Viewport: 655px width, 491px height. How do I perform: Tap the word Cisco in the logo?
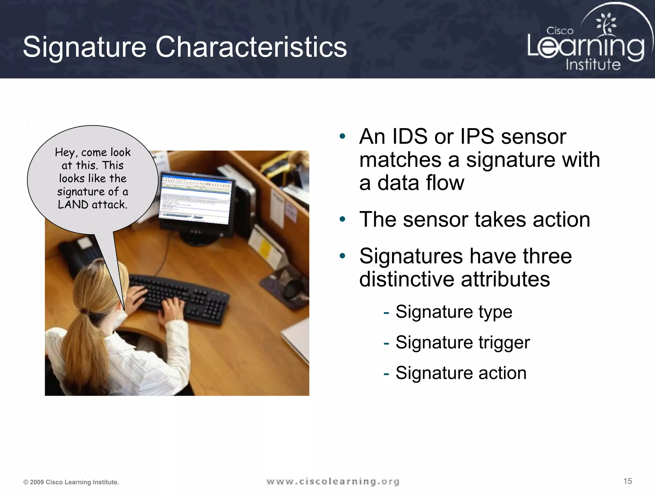(560, 31)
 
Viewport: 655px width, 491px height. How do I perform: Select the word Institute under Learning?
(593, 64)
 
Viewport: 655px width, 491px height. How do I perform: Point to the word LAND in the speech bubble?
(73, 205)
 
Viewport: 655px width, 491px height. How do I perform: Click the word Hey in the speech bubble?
(65, 152)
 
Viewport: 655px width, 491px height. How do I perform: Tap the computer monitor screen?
(195, 200)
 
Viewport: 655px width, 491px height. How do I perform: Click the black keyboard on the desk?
(179, 297)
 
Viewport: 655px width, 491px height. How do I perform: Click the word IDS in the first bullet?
(409, 136)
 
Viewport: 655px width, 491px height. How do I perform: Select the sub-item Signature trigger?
(462, 342)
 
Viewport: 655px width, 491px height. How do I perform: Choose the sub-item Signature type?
(454, 312)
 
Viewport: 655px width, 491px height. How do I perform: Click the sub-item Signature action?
(461, 373)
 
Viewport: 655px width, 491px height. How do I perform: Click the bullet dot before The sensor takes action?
(343, 219)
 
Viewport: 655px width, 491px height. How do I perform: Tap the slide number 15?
(627, 481)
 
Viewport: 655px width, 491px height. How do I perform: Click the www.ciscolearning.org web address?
(333, 481)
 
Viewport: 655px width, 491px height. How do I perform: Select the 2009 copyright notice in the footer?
(71, 482)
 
